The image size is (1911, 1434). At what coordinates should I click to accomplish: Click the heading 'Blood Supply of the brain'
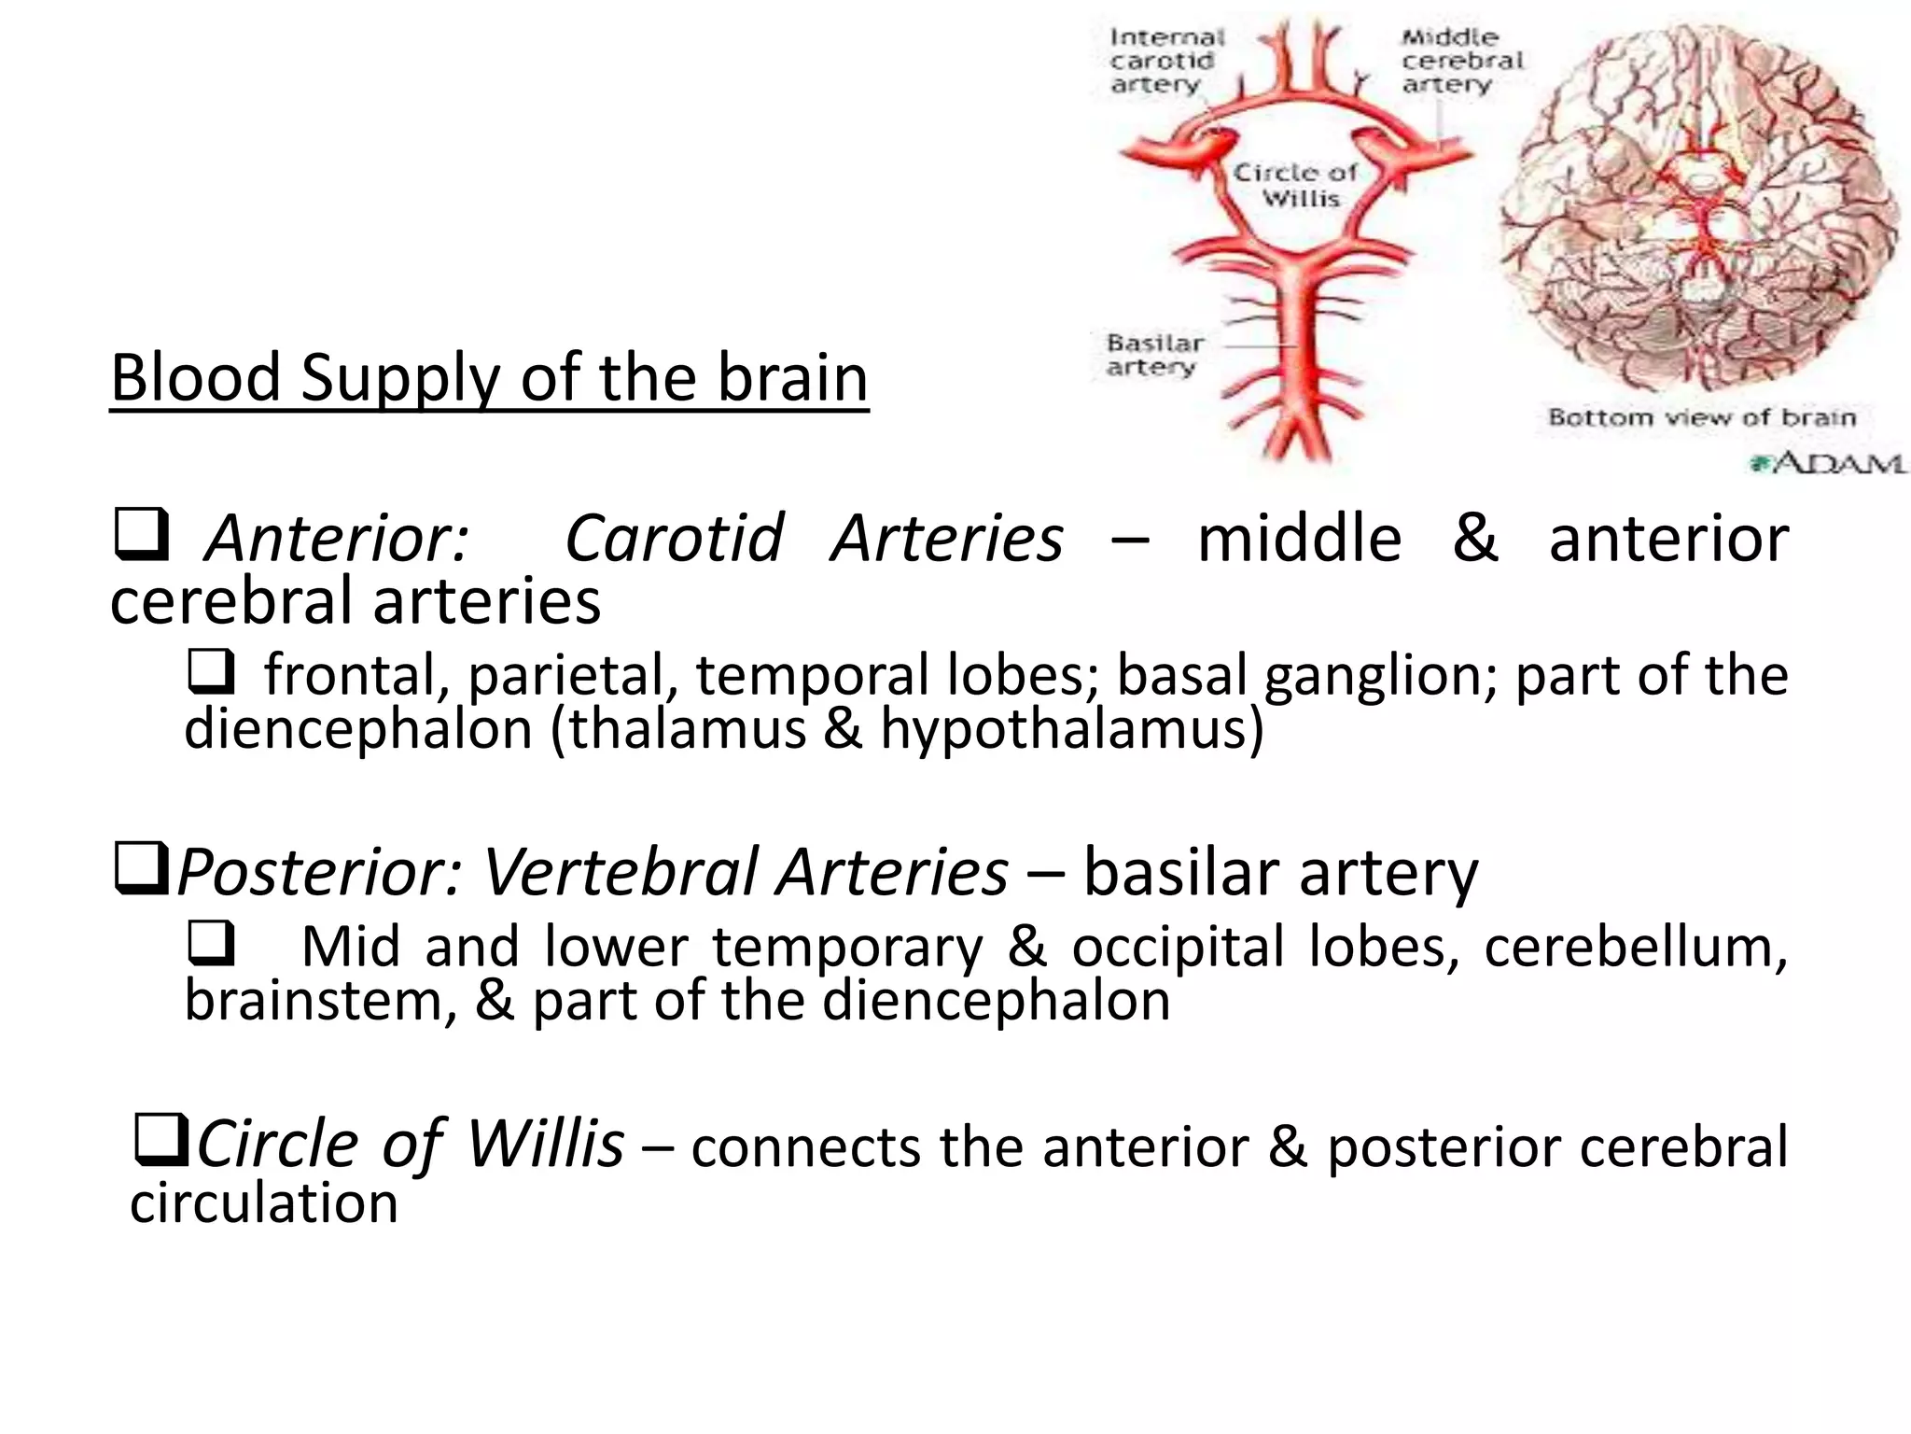coord(489,378)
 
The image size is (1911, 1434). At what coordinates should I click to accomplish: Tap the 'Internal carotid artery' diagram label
coord(1165,61)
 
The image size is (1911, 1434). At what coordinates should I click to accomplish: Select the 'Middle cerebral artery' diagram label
coord(1460,61)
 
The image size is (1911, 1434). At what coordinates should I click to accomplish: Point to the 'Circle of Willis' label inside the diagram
coord(1298,185)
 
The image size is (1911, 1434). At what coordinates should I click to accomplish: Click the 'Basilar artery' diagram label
coord(1154,355)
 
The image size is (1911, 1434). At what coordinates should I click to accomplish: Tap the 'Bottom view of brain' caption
coord(1701,417)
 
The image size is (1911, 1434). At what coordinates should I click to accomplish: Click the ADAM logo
coord(1827,462)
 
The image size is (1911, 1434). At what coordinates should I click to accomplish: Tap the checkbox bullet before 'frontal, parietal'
coord(212,672)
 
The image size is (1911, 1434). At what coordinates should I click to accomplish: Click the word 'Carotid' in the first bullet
coord(674,540)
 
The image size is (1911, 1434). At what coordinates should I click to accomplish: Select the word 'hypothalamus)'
coord(1072,729)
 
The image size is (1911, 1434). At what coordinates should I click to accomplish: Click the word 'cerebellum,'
coord(1635,947)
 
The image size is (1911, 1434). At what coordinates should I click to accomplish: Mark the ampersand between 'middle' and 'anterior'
coord(1475,540)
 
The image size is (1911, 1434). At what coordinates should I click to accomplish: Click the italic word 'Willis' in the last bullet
coord(545,1145)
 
